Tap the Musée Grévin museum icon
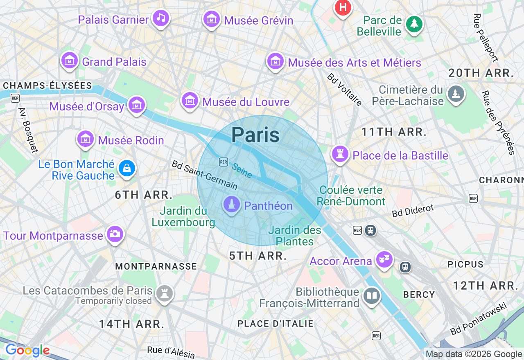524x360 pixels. click(x=212, y=19)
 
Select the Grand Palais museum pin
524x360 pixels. click(x=70, y=61)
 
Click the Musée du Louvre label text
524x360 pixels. click(x=246, y=102)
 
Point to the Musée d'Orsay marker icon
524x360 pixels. click(x=137, y=106)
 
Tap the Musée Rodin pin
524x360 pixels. click(x=86, y=139)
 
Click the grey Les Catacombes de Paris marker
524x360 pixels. click(x=165, y=293)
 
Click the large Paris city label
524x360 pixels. click(x=255, y=135)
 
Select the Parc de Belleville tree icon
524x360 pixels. click(x=414, y=24)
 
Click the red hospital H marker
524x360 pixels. click(x=343, y=8)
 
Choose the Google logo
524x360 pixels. click(x=27, y=350)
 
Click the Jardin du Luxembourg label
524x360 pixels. click(x=183, y=217)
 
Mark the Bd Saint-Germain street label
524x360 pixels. click(x=204, y=175)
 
